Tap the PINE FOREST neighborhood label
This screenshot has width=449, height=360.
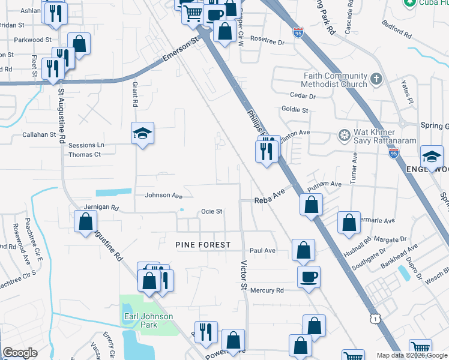click(x=203, y=245)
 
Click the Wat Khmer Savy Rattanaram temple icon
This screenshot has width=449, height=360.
click(x=345, y=133)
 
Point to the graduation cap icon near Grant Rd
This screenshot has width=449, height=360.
click(x=143, y=133)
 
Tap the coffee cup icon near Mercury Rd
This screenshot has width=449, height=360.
click(x=309, y=277)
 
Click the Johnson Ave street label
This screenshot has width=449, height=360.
click(x=163, y=196)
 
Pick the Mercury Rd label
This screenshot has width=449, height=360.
click(x=267, y=290)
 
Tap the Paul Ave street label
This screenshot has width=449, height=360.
click(x=262, y=250)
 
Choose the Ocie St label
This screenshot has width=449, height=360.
click(x=211, y=211)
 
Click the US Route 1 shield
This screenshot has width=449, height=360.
click(x=375, y=320)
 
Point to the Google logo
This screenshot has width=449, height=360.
click(x=20, y=353)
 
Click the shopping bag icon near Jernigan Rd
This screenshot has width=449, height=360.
click(x=85, y=221)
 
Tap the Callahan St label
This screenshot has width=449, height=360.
click(x=39, y=135)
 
